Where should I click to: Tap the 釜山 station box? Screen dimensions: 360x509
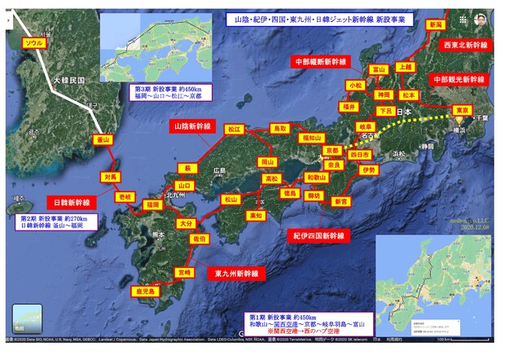click(x=103, y=140)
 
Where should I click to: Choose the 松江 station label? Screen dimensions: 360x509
click(x=234, y=129)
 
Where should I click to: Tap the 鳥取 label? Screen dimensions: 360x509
click(x=279, y=128)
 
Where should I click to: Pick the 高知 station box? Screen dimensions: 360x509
click(x=256, y=215)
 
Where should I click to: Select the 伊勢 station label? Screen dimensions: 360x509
click(x=367, y=170)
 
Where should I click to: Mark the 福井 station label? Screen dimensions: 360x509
click(x=349, y=106)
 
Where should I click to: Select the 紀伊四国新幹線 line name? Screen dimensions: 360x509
click(x=318, y=235)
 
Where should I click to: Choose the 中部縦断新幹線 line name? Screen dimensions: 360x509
click(x=320, y=61)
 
